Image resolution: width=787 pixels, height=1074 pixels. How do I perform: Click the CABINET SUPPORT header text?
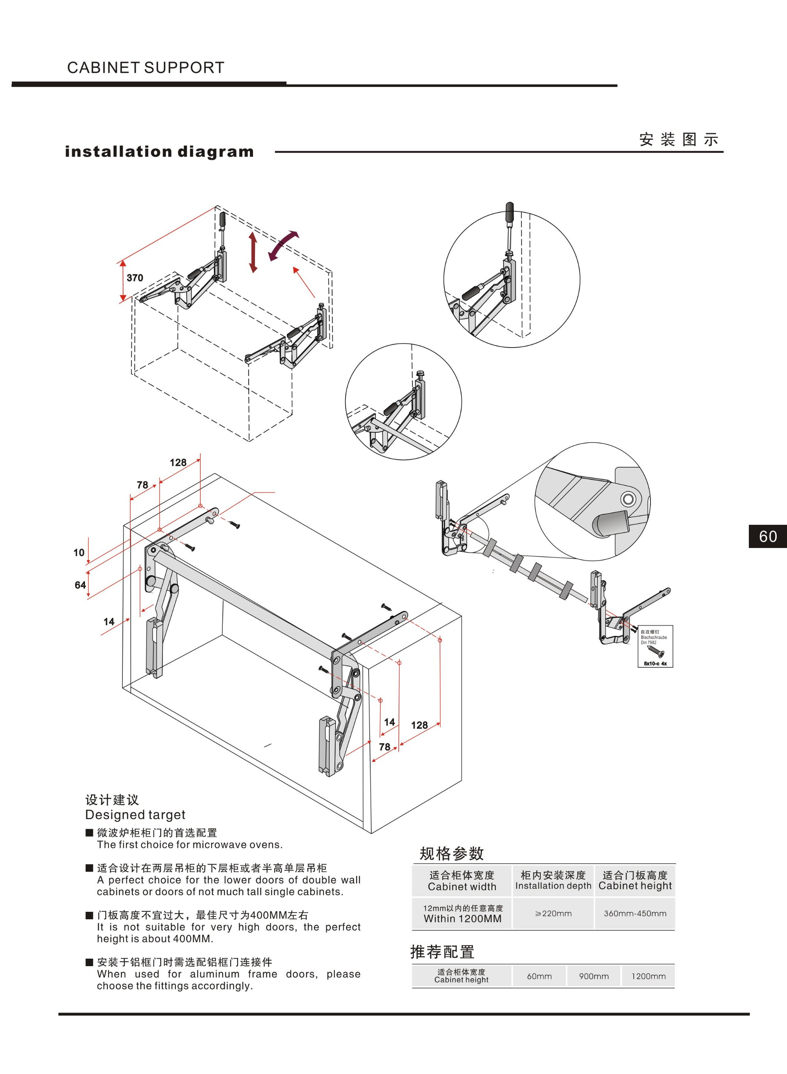[x=145, y=68]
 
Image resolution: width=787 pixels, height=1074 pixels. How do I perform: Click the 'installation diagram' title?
[x=159, y=152]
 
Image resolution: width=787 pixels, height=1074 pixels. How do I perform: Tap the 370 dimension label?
[x=135, y=278]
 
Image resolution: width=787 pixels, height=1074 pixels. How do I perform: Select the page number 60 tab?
[x=767, y=536]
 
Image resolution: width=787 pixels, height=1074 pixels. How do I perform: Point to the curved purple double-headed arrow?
[x=283, y=245]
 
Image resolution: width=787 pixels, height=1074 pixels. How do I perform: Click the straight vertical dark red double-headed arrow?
[x=253, y=252]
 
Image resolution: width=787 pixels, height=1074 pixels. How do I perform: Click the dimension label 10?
[x=79, y=553]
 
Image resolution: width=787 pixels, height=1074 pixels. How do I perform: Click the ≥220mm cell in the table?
[x=553, y=913]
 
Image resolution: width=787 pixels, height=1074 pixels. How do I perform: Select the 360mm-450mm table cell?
[x=635, y=913]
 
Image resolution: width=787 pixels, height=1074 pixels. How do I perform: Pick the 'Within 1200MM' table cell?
[x=462, y=918]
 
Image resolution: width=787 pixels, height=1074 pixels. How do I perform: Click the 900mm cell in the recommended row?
[x=593, y=976]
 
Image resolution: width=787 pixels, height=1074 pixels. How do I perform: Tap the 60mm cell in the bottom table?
[x=539, y=976]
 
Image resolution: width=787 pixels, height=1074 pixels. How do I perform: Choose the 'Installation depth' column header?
[x=553, y=886]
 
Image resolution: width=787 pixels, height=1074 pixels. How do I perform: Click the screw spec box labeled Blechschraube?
[x=655, y=646]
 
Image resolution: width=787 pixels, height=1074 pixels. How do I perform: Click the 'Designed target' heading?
[x=135, y=815]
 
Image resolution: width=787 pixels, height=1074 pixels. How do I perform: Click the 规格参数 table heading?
[x=451, y=854]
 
